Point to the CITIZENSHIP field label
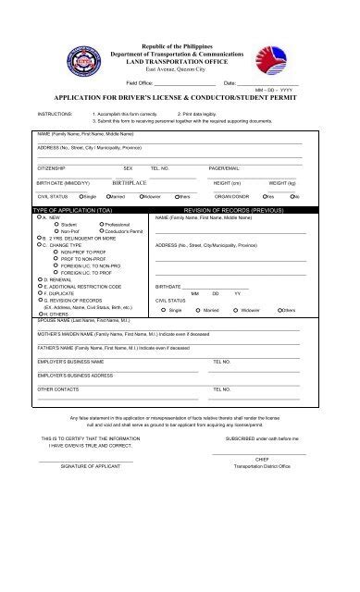[x=52, y=168]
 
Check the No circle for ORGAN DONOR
[x=292, y=197]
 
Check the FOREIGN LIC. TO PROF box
[x=55, y=272]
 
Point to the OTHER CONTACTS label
[x=56, y=389]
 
